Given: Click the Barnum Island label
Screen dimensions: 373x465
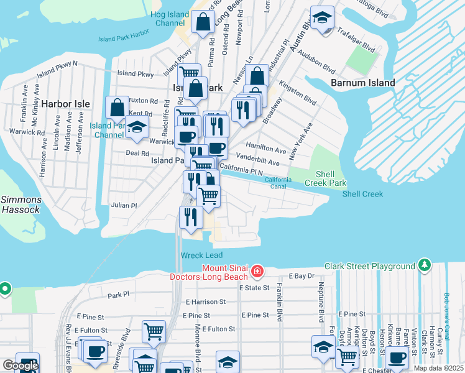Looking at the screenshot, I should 362,83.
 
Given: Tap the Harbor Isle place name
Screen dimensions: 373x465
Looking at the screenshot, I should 66,103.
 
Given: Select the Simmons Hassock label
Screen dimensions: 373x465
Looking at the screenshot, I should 21,205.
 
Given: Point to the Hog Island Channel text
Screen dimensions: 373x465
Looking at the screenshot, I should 170,19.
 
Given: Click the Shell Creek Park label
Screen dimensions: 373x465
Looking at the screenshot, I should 330,178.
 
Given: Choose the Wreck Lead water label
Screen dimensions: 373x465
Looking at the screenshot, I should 201,256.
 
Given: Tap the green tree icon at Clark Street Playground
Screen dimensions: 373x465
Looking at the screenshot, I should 425,265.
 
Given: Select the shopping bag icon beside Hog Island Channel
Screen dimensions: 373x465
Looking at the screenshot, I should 203,23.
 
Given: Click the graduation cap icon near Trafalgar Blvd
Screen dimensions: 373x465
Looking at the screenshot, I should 322,18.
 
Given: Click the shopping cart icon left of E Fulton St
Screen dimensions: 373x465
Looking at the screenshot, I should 154,331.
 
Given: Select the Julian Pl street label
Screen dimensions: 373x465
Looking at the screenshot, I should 124,205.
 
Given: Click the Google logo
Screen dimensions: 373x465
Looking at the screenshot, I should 21,366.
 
